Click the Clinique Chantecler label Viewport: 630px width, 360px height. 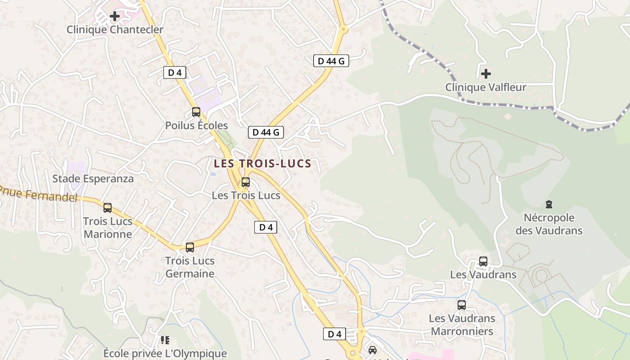[x=115, y=30]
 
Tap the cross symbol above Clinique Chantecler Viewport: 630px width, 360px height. [x=115, y=16]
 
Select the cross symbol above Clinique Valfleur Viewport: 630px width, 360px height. [x=486, y=73]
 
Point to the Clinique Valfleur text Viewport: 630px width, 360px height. [x=486, y=87]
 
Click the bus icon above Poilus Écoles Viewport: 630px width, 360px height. [x=196, y=112]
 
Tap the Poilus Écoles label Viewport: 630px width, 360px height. [x=196, y=126]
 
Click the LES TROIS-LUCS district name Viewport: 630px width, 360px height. [x=262, y=163]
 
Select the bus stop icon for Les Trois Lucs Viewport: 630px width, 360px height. [x=246, y=182]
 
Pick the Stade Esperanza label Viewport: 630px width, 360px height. [x=93, y=179]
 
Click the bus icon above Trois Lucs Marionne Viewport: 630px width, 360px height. [x=108, y=208]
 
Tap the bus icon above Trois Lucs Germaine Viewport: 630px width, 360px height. [x=190, y=247]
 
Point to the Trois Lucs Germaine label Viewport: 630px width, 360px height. [x=190, y=267]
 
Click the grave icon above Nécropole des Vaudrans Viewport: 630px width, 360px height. [x=549, y=205]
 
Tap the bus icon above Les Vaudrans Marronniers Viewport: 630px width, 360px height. [x=462, y=305]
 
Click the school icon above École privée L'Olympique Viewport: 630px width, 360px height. [x=165, y=340]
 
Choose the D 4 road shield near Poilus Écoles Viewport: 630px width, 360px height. [x=175, y=72]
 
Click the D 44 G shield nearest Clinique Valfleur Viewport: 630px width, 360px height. [x=331, y=61]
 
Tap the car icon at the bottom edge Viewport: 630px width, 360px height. [x=373, y=350]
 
